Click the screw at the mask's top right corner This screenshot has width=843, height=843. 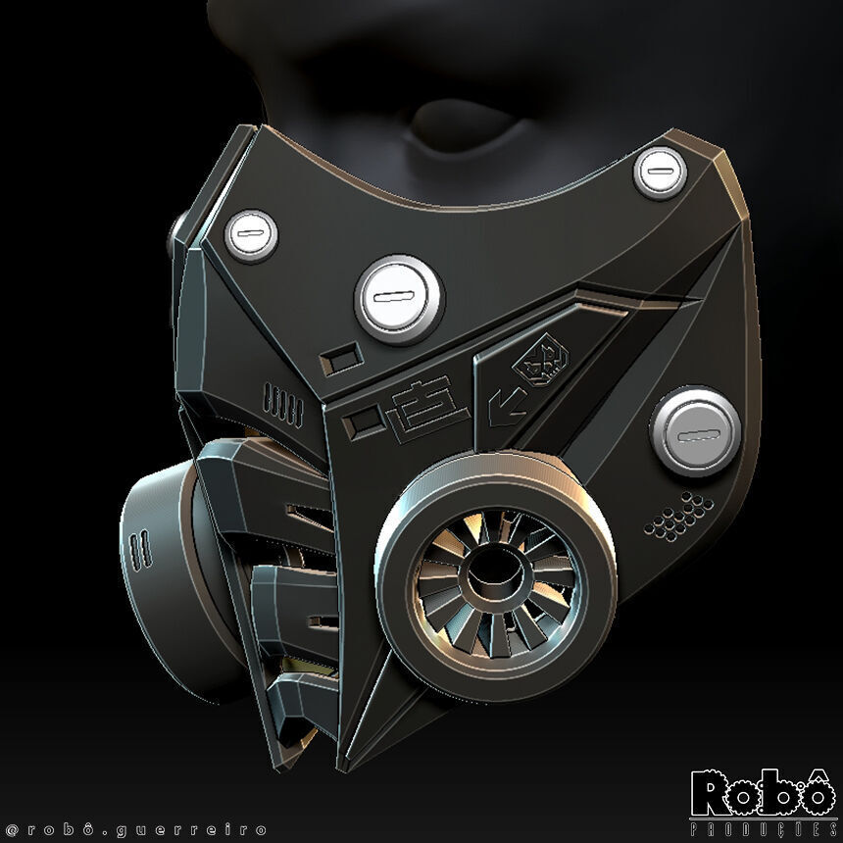[x=660, y=172]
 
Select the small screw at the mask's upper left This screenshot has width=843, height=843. [x=251, y=234]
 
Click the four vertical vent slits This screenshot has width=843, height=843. [x=283, y=403]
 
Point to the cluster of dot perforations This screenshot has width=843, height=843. [x=678, y=516]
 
